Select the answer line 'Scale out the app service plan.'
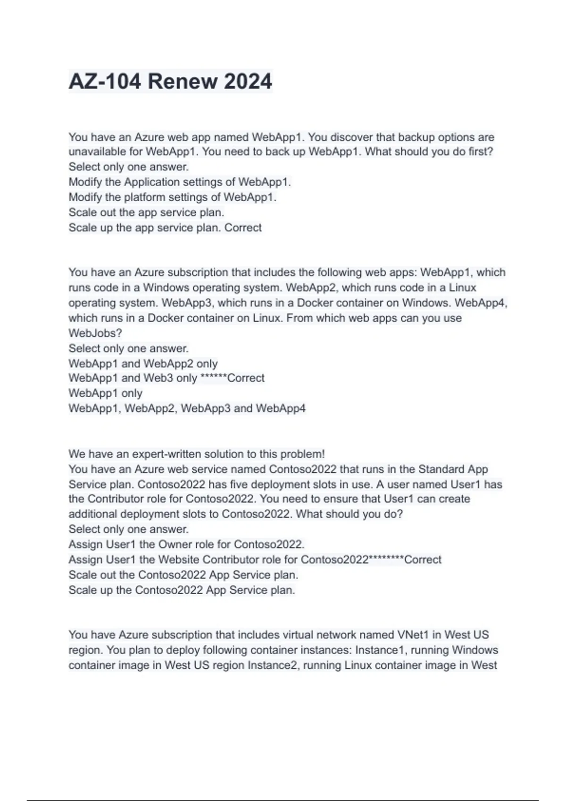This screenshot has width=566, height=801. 146,213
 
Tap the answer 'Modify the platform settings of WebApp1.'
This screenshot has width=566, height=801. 172,197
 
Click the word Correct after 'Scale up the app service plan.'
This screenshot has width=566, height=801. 243,228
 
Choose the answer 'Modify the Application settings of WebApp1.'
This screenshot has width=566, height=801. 180,182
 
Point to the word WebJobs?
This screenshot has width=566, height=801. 95,333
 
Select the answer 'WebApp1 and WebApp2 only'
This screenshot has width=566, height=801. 143,364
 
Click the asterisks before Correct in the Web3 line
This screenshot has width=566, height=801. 214,378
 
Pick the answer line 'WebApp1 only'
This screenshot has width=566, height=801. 105,393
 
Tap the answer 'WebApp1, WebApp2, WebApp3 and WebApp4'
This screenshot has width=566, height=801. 187,408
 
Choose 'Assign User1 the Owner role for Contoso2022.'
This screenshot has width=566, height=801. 186,544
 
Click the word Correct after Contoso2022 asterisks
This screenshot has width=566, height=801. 423,560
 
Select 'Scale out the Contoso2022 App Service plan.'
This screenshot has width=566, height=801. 183,575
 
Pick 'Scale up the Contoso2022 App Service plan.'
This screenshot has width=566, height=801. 182,590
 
